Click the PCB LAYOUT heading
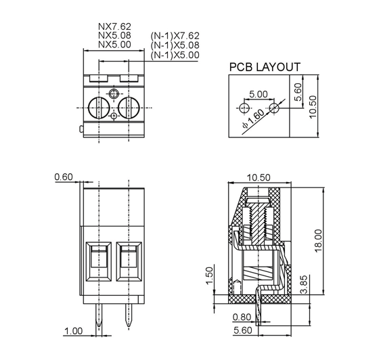(x=265, y=67)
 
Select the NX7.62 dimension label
(x=114, y=26)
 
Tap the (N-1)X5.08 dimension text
(x=175, y=45)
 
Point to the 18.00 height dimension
(x=318, y=241)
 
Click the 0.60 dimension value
(x=64, y=177)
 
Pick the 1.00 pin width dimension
(x=74, y=331)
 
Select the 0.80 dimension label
(x=242, y=317)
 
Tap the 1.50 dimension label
(x=210, y=275)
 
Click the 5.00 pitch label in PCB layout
(x=259, y=94)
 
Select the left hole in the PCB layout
(x=244, y=108)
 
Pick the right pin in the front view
(x=129, y=315)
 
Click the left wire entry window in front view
(x=99, y=261)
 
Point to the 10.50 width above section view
(x=259, y=177)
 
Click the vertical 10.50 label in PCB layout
(x=313, y=106)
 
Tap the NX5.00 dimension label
(x=114, y=45)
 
